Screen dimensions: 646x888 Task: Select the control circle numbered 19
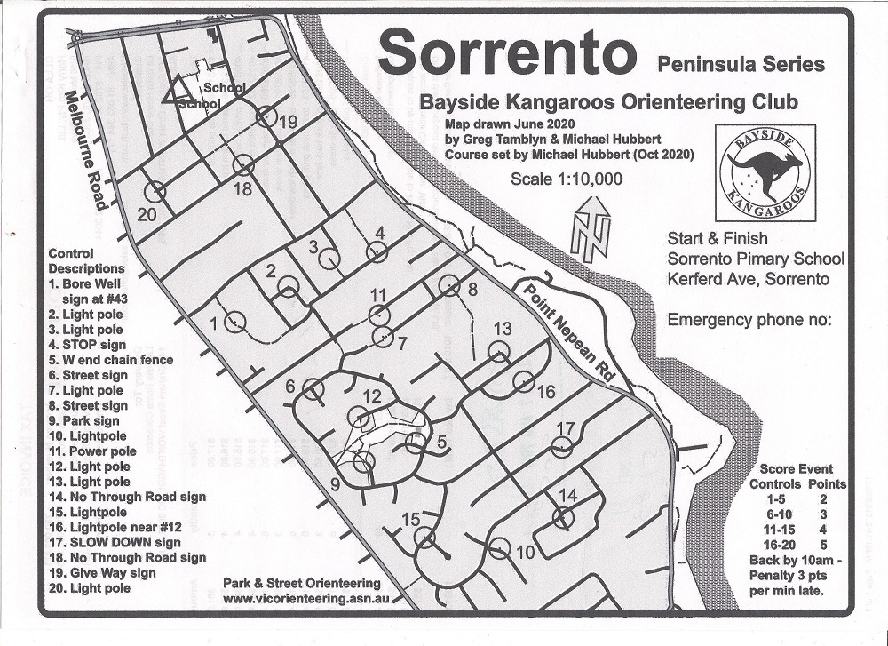click(x=265, y=116)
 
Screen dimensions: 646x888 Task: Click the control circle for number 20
click(x=155, y=190)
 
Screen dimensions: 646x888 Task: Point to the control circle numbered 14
click(x=563, y=517)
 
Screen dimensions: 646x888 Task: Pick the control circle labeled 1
click(x=234, y=322)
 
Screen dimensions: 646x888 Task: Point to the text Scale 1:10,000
click(x=566, y=179)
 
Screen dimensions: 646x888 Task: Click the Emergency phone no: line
click(x=749, y=320)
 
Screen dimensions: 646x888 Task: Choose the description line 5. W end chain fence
click(x=111, y=360)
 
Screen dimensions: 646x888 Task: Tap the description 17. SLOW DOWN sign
click(x=115, y=542)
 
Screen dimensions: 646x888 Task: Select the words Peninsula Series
click(x=741, y=64)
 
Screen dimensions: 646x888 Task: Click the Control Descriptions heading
click(x=86, y=260)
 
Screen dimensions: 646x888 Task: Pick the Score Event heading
click(x=797, y=469)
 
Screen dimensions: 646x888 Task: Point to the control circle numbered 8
click(x=448, y=285)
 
